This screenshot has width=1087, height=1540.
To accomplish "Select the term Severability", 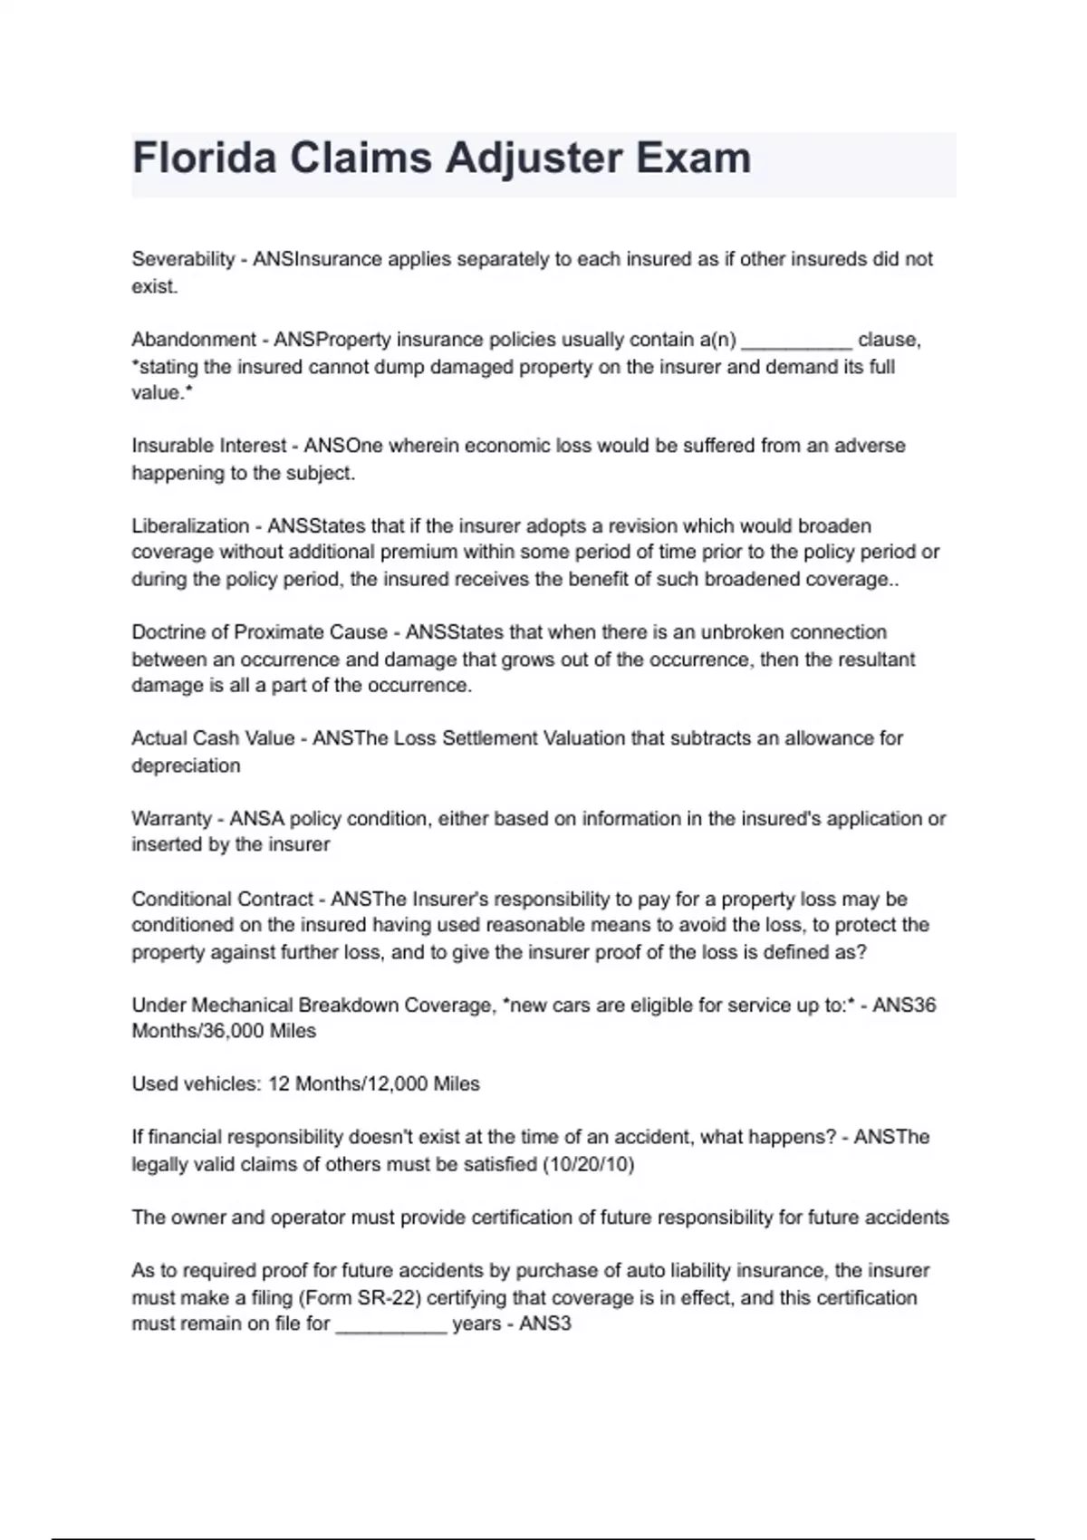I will coord(183,259).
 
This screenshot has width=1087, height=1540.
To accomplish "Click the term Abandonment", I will coord(194,340).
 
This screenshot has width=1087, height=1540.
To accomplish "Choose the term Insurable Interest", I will coord(209,446).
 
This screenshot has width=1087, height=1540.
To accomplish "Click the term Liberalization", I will coord(190,526).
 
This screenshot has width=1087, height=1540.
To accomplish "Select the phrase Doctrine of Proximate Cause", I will coord(259,632).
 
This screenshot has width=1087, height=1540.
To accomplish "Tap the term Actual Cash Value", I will coord(213,738).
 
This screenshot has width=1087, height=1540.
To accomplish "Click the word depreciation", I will coord(186,765).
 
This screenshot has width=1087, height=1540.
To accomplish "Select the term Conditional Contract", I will coord(222,900).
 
